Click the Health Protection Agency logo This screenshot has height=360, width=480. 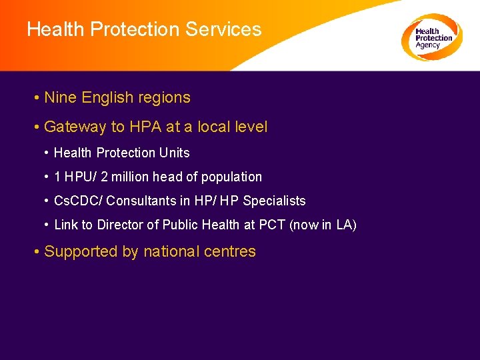[432, 37]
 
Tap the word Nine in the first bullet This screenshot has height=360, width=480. [60, 97]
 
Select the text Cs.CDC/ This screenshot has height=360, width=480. [77, 201]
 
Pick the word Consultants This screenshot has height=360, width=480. [141, 201]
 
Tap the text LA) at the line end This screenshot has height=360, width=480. [347, 225]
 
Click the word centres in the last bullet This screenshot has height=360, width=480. [232, 251]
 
